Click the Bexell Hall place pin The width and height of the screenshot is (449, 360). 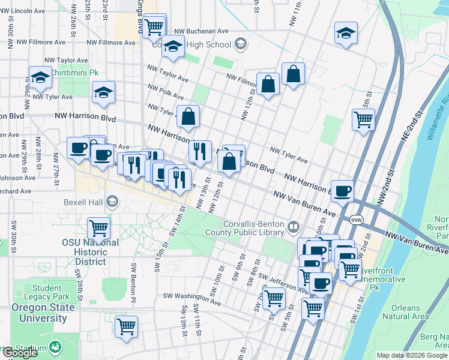[112, 201]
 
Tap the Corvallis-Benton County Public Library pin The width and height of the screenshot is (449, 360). [294, 227]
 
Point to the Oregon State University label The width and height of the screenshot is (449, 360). [43, 313]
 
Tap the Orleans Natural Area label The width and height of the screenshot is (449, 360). [405, 312]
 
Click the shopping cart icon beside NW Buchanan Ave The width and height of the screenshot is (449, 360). [155, 26]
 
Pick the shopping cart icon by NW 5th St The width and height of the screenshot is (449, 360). [363, 119]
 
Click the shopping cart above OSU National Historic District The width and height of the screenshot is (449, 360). [98, 229]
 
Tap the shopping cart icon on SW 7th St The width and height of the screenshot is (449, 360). [274, 297]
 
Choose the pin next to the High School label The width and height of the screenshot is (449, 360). [240, 44]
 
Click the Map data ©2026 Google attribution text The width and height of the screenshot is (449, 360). [412, 355]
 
